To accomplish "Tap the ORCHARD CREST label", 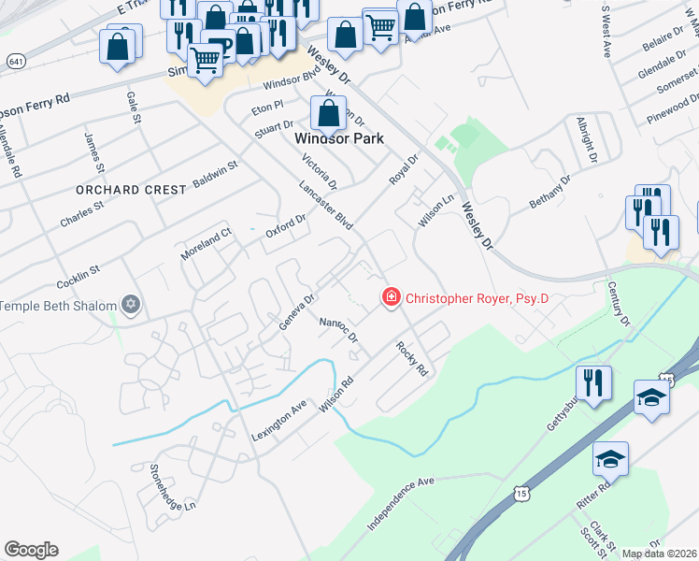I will click(133, 190).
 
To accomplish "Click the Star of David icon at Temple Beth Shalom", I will click(131, 305).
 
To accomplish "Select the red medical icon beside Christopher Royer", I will click(390, 298).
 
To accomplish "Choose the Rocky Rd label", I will click(411, 358).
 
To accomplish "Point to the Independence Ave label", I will click(401, 505).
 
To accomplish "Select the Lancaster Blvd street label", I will click(326, 206).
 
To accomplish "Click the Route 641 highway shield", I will click(15, 61).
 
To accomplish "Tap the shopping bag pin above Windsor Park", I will click(328, 114).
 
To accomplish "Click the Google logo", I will click(31, 549).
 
